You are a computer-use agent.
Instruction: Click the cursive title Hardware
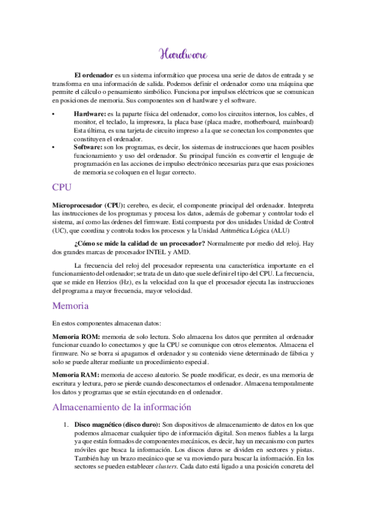183,54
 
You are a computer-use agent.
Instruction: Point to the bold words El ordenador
95,74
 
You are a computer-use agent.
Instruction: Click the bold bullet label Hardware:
90,113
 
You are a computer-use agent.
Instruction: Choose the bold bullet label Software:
88,148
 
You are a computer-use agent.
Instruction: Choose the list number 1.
65,424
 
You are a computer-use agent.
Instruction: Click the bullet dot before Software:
54,148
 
